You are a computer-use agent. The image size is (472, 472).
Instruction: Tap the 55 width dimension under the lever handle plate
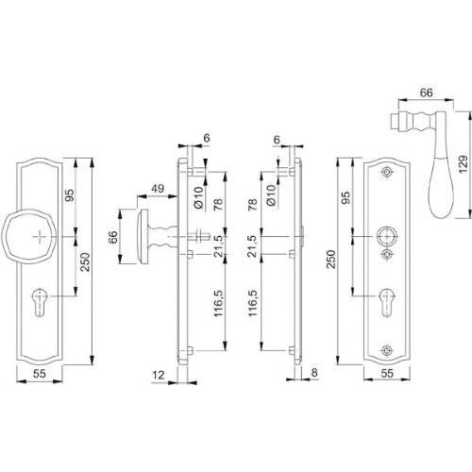click(387, 375)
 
